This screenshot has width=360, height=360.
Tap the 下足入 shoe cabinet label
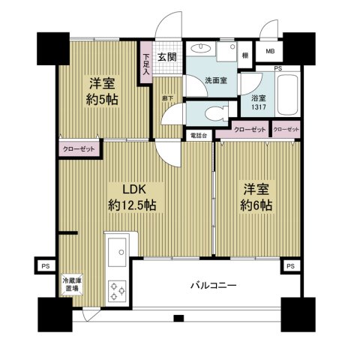[145, 64]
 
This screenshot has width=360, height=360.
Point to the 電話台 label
[199, 136]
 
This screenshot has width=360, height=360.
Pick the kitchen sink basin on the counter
[118, 256]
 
